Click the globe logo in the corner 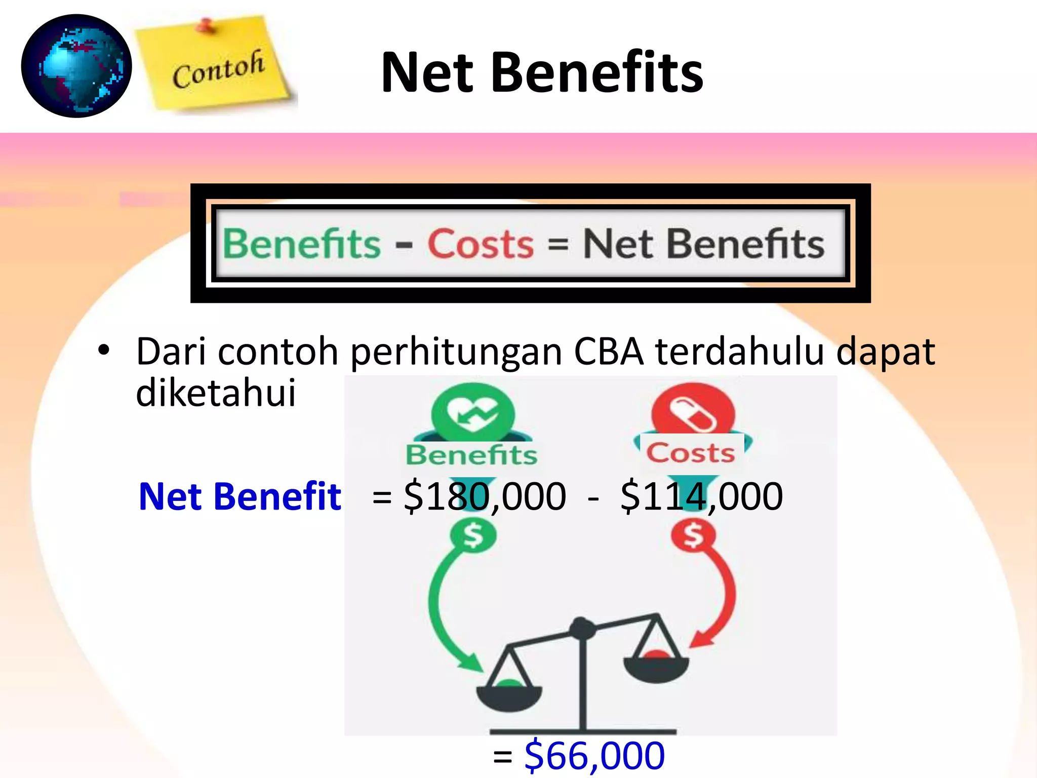click(x=76, y=66)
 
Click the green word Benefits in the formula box click(x=302, y=244)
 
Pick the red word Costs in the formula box click(x=481, y=244)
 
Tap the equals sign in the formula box click(x=558, y=244)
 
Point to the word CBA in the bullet click(x=608, y=351)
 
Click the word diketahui click(x=216, y=393)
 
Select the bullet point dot click(x=104, y=349)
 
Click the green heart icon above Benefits click(x=473, y=413)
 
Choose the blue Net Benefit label click(x=240, y=496)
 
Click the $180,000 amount click(x=485, y=496)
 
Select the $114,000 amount click(x=701, y=496)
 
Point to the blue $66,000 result click(x=594, y=755)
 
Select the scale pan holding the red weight click(x=656, y=666)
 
